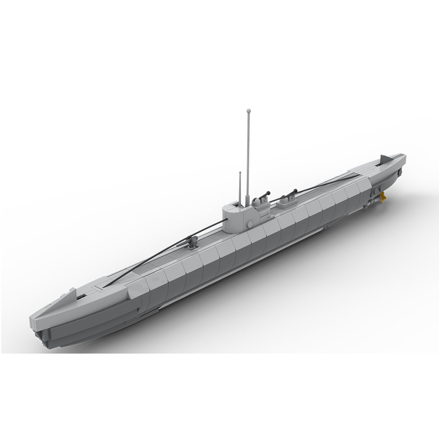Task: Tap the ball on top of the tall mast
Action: [x=248, y=110]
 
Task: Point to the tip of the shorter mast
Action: [x=240, y=173]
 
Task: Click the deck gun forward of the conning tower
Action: [x=193, y=241]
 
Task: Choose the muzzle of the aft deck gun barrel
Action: [x=296, y=190]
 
